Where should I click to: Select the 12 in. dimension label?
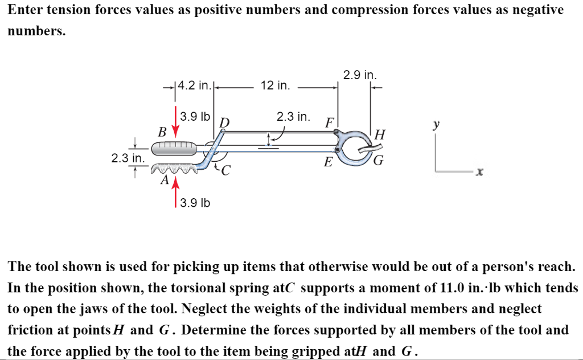[x=275, y=86]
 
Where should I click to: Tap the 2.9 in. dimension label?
[x=360, y=75]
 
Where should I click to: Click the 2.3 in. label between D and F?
[x=293, y=117]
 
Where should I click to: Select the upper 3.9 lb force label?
[x=195, y=117]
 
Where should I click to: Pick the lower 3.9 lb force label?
[x=195, y=203]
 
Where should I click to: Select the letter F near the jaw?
[x=329, y=123]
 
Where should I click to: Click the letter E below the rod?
[x=328, y=162]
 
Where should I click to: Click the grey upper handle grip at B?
[x=174, y=148]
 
